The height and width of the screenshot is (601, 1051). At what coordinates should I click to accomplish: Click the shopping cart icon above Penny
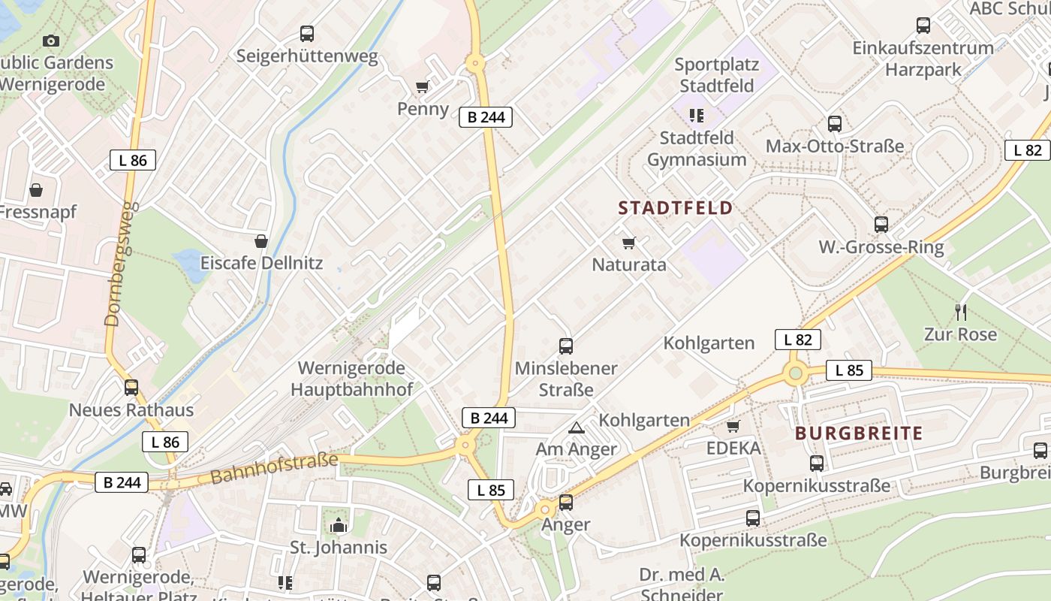[423, 87]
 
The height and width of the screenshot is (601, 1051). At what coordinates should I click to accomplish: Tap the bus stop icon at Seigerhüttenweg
[307, 34]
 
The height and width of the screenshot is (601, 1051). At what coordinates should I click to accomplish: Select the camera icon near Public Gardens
[51, 41]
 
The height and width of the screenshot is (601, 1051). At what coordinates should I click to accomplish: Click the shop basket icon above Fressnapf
[35, 190]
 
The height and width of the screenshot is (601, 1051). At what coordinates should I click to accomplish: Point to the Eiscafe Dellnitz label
[261, 263]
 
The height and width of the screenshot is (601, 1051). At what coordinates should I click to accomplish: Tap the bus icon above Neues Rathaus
[131, 388]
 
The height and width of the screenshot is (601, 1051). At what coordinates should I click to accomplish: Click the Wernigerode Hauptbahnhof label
[351, 379]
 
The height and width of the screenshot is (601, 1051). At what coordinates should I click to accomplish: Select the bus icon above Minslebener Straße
[566, 346]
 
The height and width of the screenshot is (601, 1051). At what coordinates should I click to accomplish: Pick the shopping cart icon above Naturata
[629, 243]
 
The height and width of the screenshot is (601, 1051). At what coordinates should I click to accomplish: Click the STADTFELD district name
[675, 208]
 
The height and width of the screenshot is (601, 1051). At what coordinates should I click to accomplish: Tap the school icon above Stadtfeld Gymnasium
[697, 116]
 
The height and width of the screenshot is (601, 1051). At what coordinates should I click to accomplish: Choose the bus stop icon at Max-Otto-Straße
[834, 124]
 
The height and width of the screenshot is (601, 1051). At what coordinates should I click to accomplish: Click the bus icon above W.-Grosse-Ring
[881, 225]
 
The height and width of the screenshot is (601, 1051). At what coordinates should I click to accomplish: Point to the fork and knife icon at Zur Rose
[960, 312]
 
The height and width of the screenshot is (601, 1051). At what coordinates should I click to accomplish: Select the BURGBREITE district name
[859, 433]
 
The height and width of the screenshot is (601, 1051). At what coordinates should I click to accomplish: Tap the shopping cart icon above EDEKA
[733, 427]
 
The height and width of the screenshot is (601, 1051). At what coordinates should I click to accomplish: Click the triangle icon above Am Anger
[576, 428]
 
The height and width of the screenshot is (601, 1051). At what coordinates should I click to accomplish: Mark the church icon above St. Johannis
[339, 525]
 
